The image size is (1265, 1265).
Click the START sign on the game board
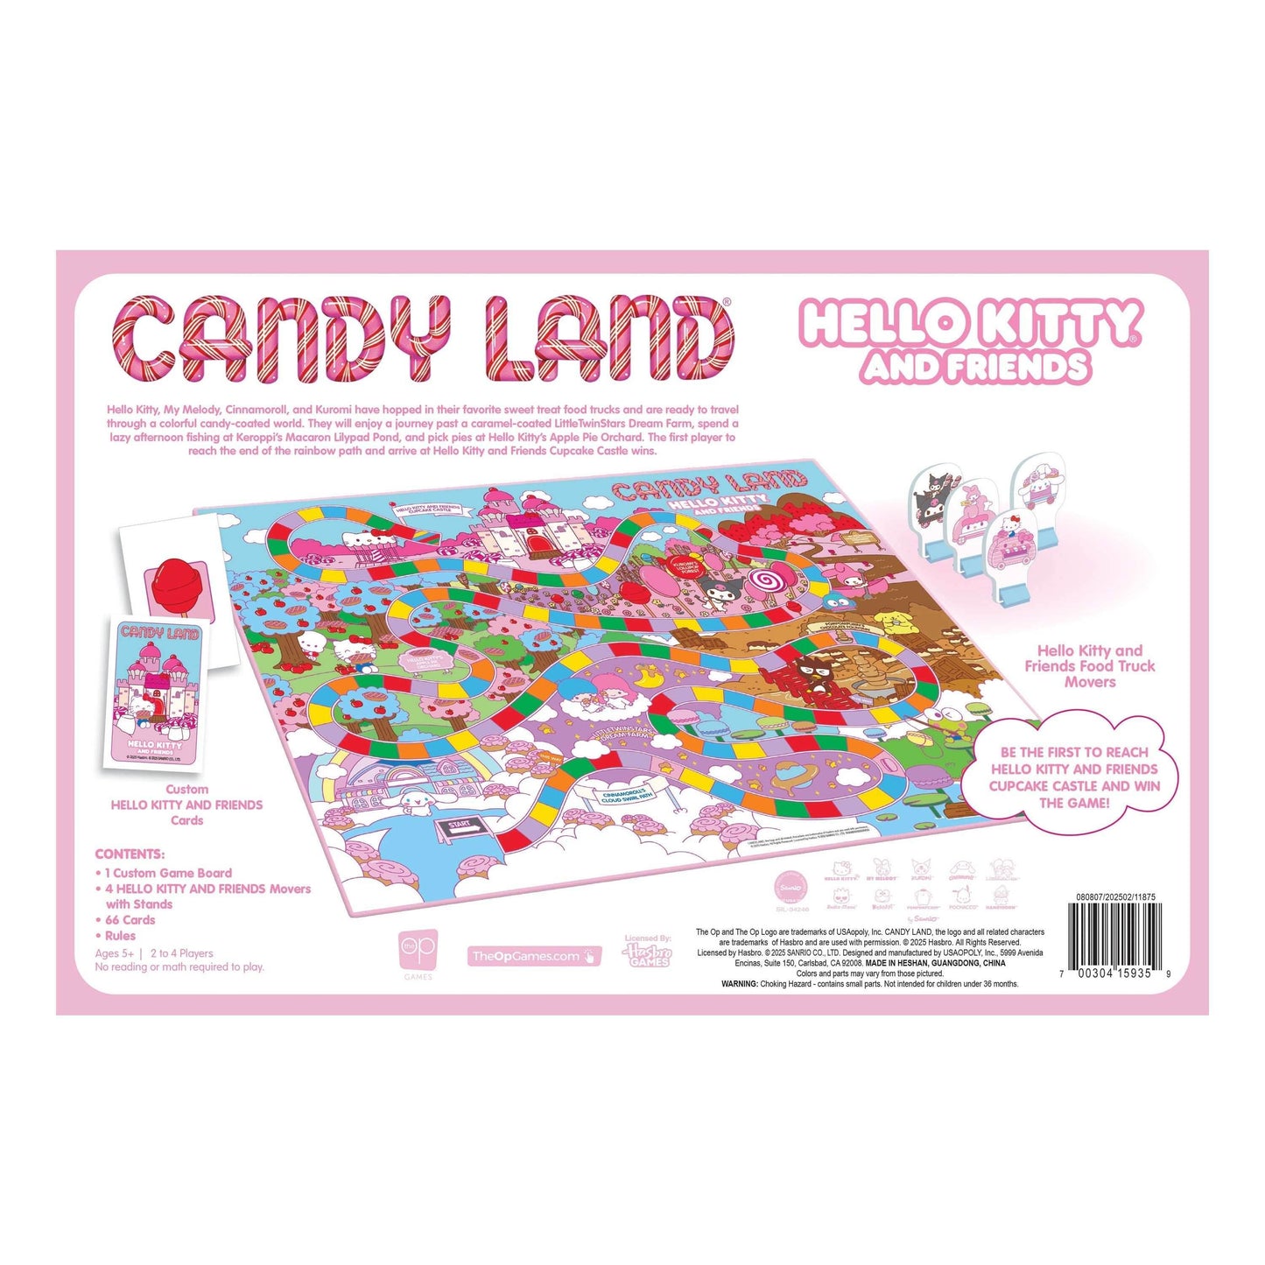459,826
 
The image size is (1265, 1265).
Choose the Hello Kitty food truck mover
1009,552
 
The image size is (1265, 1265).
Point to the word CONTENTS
130,854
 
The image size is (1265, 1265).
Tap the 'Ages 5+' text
115,953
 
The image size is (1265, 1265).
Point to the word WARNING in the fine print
739,984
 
